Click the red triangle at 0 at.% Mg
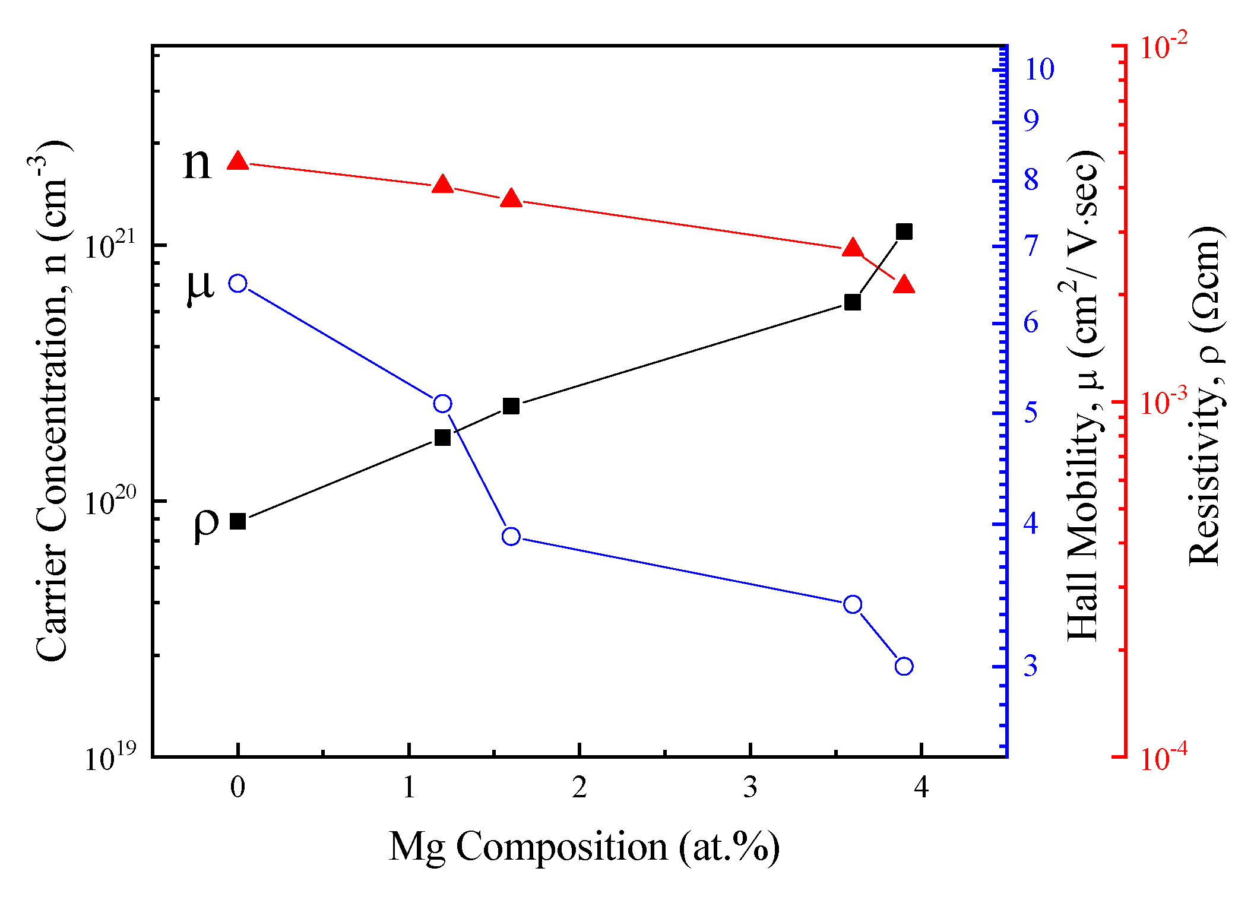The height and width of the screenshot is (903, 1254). pos(237,161)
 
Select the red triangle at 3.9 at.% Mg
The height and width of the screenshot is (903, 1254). pos(904,286)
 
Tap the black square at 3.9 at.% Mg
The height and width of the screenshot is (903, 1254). pos(904,232)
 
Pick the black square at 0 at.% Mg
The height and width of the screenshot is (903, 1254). pos(237,521)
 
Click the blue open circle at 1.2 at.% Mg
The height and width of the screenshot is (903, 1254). pos(442,404)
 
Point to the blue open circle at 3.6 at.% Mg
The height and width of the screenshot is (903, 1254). pos(852,604)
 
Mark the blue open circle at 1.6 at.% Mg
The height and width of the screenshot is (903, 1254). pos(511,536)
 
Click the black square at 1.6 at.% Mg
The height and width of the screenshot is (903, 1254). pos(511,406)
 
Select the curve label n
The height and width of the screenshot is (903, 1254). pos(197,163)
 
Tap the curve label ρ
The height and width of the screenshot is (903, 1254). pos(205,525)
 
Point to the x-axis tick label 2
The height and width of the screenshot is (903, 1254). pos(579,787)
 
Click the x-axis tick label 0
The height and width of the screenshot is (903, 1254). pos(237,787)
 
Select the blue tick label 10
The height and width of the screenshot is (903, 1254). pos(1039,69)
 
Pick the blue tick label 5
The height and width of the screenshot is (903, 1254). pos(1031,412)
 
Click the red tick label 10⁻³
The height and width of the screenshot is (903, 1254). pos(1163,401)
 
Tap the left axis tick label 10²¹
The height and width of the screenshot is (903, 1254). pos(110,246)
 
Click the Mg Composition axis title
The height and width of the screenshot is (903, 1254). pos(584,847)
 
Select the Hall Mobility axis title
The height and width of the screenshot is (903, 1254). pos(1084,395)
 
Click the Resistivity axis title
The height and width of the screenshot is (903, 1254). pos(1205,395)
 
